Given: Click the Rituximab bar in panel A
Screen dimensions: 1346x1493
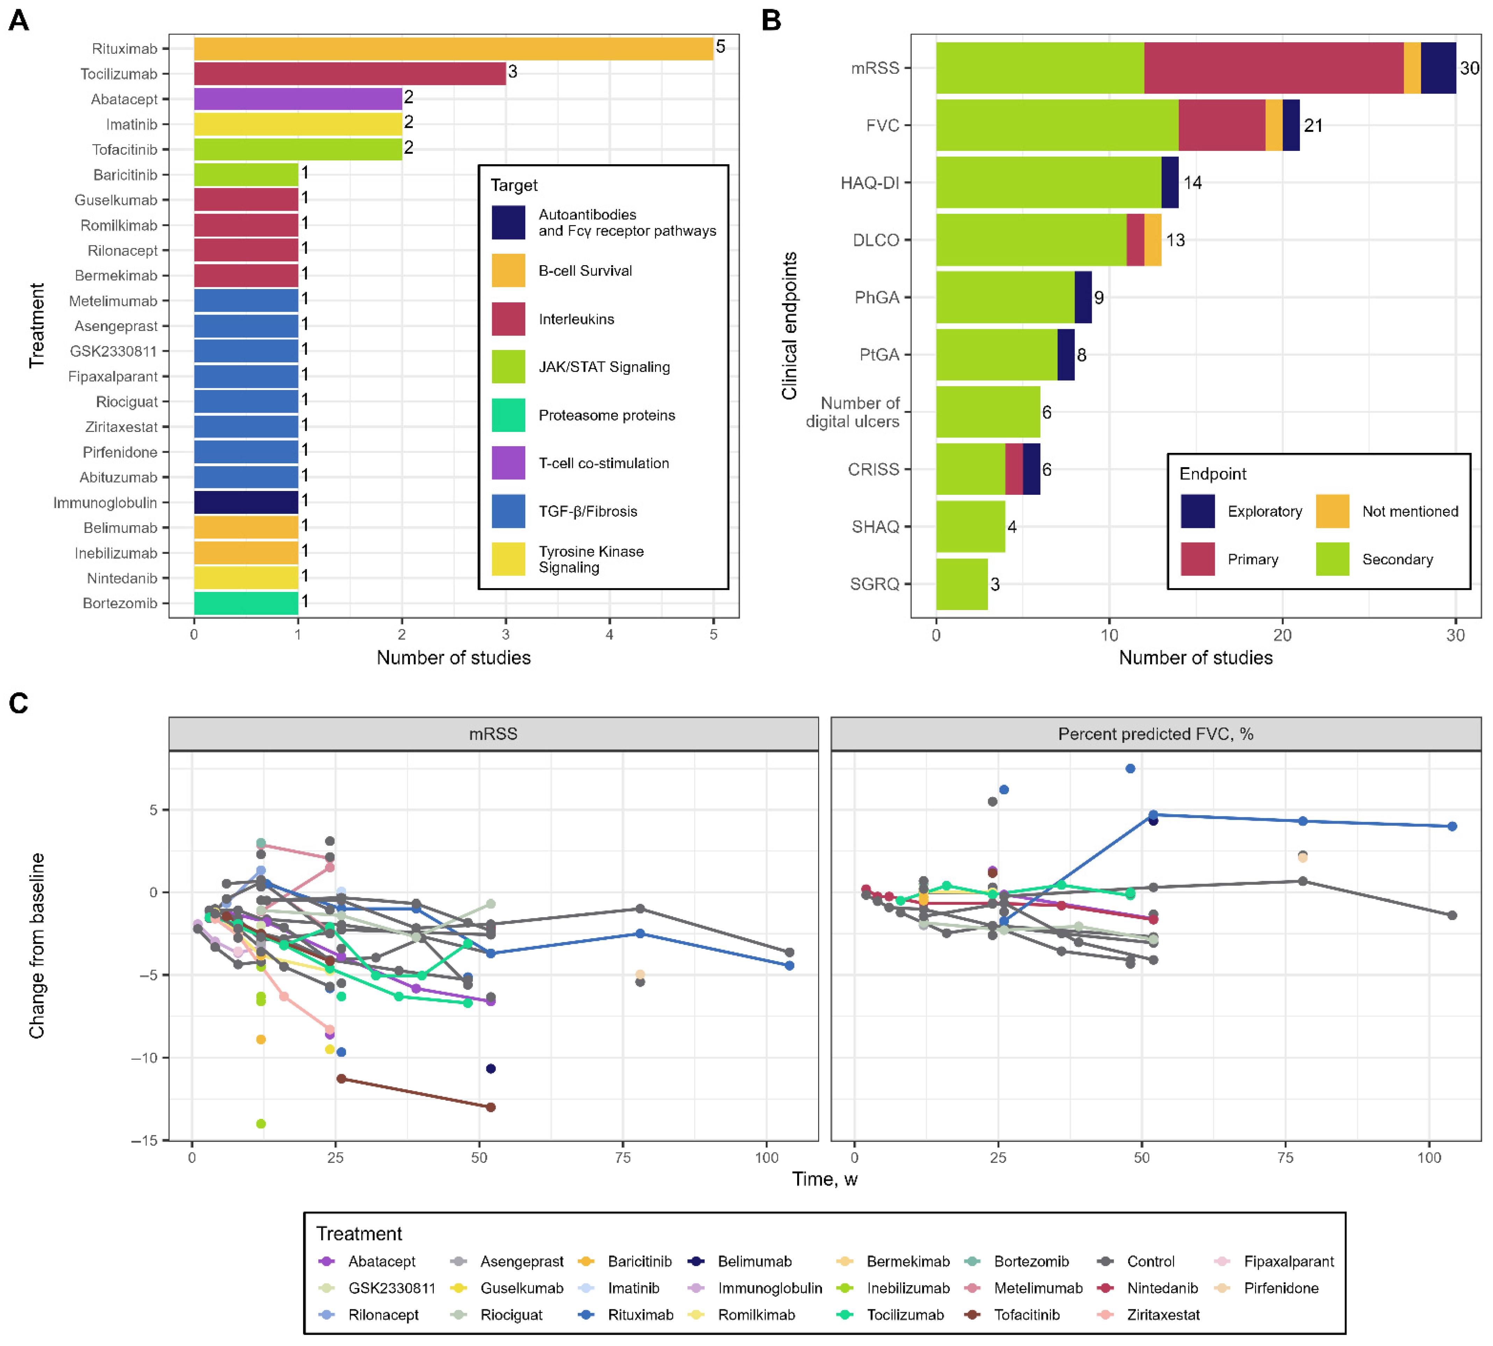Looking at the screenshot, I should point(453,49).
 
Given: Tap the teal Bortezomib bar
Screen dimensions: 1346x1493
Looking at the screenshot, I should point(246,603).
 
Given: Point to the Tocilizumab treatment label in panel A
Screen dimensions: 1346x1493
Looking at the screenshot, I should point(119,74).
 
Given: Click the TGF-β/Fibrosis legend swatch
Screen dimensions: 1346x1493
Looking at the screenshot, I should point(508,511).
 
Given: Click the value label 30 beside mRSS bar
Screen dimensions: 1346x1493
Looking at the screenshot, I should point(1469,68).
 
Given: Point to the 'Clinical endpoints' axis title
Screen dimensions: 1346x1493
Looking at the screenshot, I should point(789,325).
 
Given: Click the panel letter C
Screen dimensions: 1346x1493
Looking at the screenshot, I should point(19,703).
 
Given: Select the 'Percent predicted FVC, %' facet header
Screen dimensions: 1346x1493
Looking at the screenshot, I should point(1155,734).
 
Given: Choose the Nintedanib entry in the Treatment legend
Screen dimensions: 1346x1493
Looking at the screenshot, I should point(1162,1288).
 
